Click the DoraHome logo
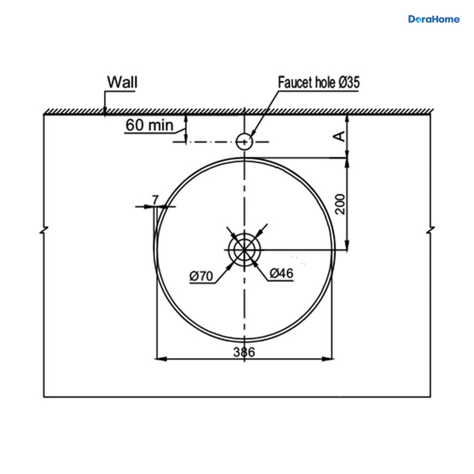point(434,19)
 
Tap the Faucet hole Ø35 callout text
point(318,82)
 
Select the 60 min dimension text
point(150,125)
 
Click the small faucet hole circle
point(244,142)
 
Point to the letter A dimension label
point(340,136)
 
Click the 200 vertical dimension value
point(340,204)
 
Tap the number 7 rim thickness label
point(155,200)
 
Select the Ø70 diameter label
point(201,276)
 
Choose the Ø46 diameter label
point(282,273)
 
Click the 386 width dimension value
point(244,352)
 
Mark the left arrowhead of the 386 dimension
point(161,359)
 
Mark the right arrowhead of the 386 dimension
point(328,359)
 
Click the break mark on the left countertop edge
point(44,230)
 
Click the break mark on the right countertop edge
point(431,230)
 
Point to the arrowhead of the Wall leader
point(105,110)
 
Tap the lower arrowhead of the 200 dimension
point(347,245)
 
